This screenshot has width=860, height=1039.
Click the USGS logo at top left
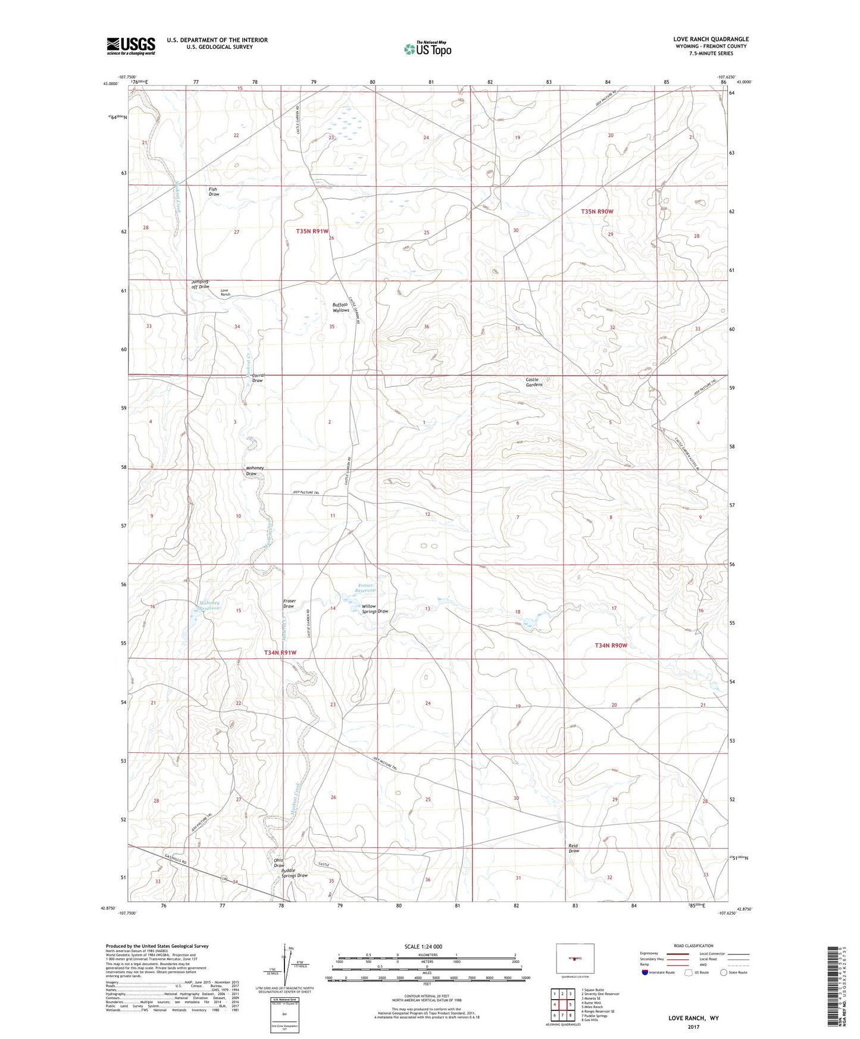coord(130,46)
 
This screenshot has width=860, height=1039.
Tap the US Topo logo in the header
coord(427,49)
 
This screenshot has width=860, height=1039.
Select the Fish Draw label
coord(213,192)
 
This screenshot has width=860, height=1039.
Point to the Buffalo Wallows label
coord(340,307)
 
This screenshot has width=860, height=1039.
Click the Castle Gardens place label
coord(533,382)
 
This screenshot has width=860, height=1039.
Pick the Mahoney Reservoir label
coord(209,606)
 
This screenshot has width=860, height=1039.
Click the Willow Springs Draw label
coord(374,609)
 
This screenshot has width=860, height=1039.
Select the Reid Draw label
coord(573,848)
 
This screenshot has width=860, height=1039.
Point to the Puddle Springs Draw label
coord(294,873)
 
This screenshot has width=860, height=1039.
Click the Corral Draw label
coord(257,378)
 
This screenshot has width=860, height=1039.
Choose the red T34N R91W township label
coord(280,653)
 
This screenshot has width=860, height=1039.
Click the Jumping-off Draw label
coord(201,284)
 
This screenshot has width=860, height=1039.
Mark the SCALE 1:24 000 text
coord(423,946)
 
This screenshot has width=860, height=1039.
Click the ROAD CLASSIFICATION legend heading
coord(693,946)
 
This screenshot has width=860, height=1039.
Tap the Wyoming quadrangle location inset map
coord(574,958)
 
